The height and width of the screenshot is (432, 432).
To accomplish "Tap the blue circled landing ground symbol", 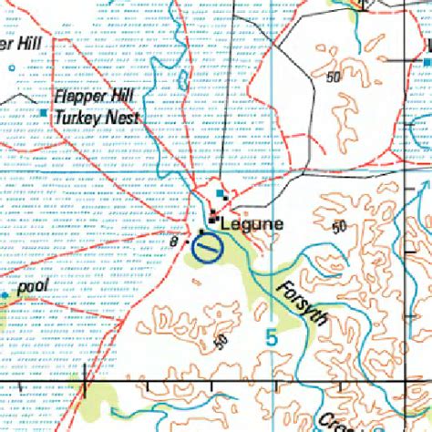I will click(208, 246).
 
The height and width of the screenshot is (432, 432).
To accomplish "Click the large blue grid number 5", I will click(271, 337).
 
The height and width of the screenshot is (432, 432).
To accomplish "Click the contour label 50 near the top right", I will click(334, 77).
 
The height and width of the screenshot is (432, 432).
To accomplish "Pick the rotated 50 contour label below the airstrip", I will click(220, 343).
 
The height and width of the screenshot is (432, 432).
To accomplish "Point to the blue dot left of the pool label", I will click(5, 295).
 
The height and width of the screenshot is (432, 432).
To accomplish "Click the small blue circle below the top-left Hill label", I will click(11, 68).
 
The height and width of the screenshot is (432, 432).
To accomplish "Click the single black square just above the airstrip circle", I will click(202, 232).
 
